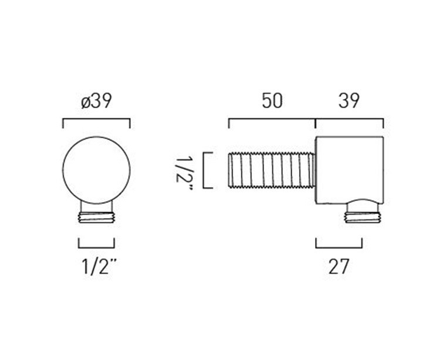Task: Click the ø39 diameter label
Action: [96, 101]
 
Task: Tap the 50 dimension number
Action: [272, 101]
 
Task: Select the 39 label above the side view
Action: [349, 101]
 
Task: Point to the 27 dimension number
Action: [339, 267]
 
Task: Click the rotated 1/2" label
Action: [184, 170]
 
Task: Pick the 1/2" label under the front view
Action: [99, 267]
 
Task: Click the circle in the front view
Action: [96, 170]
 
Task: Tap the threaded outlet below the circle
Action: [96, 218]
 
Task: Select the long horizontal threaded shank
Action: [272, 170]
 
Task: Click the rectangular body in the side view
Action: [350, 170]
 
